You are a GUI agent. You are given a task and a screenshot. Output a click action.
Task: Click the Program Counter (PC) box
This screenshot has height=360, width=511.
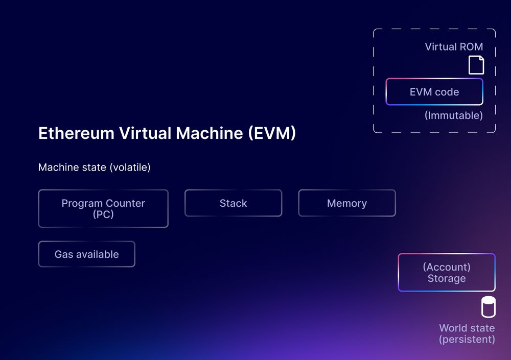click(x=103, y=208)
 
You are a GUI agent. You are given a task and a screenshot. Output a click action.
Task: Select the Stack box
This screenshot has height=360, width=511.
click(x=233, y=203)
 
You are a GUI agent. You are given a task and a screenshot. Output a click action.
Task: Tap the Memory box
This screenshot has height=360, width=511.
click(x=346, y=203)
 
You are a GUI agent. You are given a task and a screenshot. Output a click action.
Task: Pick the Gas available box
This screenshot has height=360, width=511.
click(x=86, y=254)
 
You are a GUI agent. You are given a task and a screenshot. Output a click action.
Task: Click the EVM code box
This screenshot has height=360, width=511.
click(x=434, y=92)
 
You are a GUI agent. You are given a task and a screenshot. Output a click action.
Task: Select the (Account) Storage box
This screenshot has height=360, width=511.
click(x=446, y=273)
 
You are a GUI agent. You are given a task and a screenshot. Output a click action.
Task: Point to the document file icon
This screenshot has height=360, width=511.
click(x=476, y=65)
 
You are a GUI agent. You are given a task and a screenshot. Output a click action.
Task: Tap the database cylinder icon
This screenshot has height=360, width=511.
click(x=488, y=307)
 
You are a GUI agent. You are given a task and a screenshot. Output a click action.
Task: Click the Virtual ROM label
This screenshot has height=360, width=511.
click(x=454, y=47)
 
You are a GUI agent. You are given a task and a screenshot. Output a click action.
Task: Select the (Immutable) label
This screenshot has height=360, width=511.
click(x=453, y=115)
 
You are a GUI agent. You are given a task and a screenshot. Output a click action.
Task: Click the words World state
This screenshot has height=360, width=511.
click(x=467, y=328)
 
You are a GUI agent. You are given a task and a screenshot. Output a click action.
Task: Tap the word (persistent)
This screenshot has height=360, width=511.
click(x=467, y=339)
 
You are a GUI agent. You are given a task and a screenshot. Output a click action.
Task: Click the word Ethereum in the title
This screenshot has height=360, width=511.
click(x=76, y=133)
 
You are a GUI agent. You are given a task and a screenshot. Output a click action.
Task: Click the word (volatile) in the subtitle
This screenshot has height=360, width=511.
click(x=130, y=167)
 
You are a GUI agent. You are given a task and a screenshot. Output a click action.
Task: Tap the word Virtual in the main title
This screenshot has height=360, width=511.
click(x=145, y=133)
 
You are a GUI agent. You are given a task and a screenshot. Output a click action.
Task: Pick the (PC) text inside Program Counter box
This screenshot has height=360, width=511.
click(x=103, y=214)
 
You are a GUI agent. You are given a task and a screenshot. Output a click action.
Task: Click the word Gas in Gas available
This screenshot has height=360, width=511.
click(x=64, y=254)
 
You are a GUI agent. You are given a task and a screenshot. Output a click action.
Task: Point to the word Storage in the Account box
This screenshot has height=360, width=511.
click(x=446, y=279)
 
